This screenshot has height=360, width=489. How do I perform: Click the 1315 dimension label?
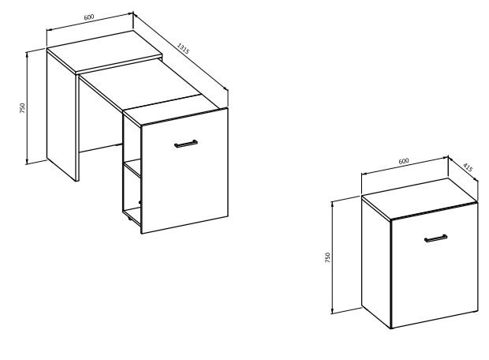183,48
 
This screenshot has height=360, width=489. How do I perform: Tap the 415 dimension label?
468,167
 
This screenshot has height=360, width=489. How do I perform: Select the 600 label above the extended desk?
89,17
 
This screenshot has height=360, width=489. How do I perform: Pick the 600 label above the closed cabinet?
404,161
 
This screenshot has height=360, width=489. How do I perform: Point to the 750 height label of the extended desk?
22,108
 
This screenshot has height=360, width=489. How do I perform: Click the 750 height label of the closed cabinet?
327,257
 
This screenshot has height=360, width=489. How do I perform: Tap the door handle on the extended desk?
186,144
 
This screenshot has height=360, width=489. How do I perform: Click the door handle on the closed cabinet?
435,238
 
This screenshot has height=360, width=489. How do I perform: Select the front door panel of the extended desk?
185,171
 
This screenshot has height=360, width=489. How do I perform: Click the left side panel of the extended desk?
62,116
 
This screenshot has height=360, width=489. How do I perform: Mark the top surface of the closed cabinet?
420,198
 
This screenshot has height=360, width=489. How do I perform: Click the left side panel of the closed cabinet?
376,261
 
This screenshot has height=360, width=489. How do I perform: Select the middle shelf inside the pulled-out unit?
133,169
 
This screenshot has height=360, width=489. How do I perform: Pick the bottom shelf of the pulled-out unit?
132,215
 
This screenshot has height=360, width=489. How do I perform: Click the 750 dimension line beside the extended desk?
27,107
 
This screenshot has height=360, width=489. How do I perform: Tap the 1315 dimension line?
181,51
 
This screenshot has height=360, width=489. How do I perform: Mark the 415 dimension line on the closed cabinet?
463,168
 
